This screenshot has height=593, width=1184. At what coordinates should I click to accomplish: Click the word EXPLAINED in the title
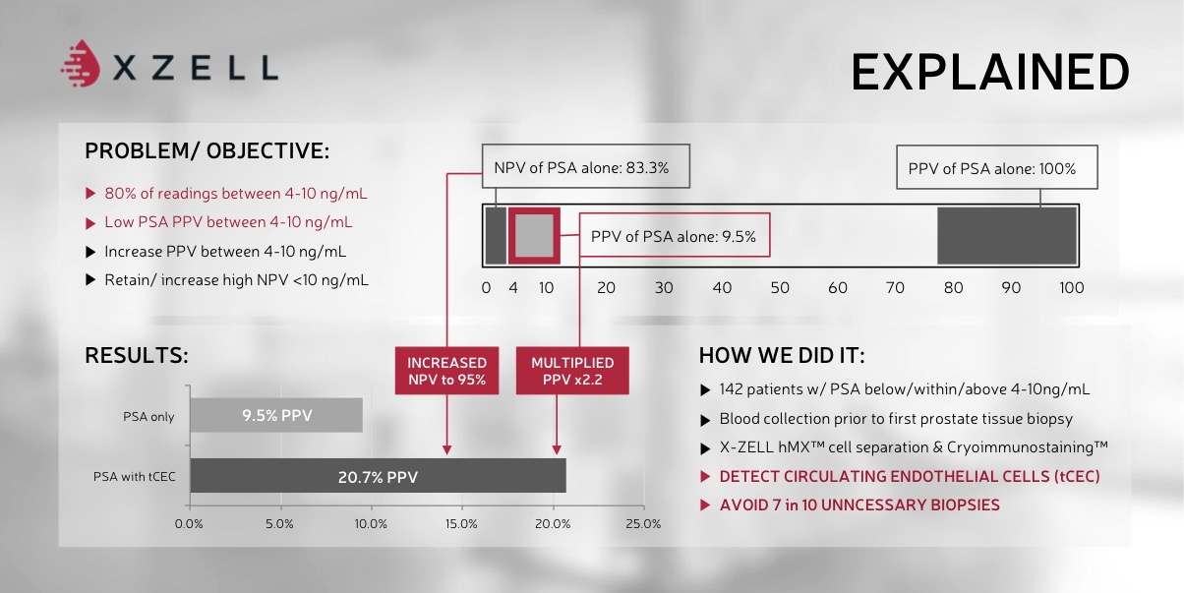990,73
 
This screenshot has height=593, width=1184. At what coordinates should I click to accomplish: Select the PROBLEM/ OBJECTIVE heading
207,151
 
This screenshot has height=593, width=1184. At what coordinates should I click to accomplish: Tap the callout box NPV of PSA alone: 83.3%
586,166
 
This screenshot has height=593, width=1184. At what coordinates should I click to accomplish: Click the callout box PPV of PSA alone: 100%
997,167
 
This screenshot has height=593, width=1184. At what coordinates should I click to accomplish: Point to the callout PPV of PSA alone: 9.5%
675,235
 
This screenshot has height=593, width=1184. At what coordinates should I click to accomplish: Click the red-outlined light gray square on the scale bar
534,236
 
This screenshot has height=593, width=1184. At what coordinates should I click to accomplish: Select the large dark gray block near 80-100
1007,236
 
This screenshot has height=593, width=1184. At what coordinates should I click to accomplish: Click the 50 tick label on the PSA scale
780,288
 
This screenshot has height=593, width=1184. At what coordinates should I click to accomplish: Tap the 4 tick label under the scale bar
512,288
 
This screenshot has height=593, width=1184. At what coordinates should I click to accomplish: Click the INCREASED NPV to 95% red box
446,371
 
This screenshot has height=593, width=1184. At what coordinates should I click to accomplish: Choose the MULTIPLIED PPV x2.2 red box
572,371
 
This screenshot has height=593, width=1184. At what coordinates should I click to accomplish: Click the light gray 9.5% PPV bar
276,415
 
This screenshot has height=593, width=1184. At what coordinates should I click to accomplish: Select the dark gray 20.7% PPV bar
378,476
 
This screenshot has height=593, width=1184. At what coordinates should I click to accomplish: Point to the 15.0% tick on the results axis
461,524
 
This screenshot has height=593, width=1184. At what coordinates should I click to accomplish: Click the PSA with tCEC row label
135,477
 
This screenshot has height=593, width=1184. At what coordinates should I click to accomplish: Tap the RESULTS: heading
137,355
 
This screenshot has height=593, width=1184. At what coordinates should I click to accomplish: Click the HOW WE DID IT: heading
782,355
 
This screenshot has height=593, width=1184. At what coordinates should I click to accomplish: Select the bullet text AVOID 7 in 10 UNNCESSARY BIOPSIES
859,505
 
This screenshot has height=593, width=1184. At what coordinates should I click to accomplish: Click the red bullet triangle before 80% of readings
90,194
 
